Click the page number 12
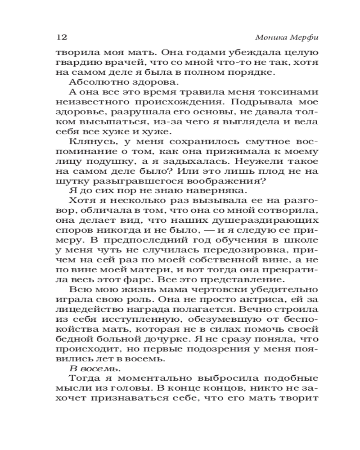(x=60, y=36)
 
